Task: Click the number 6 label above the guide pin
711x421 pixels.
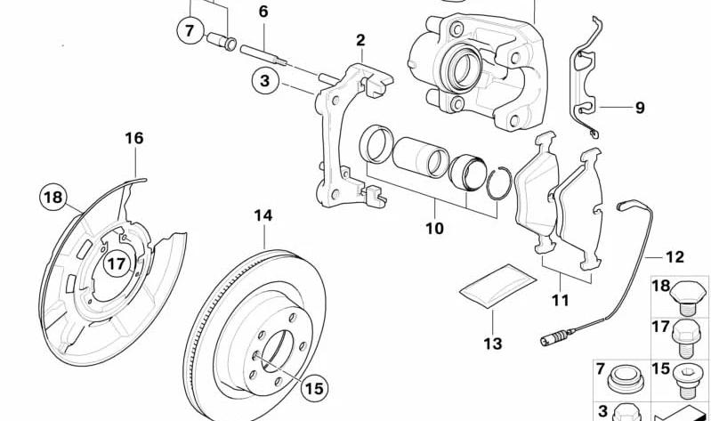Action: pyautogui.click(x=263, y=12)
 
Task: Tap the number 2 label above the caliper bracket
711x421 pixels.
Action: pyautogui.click(x=360, y=40)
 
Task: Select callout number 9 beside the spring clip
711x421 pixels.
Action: pyautogui.click(x=639, y=109)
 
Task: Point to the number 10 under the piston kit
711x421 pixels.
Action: pyautogui.click(x=433, y=229)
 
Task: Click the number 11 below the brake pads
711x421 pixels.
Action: pyautogui.click(x=559, y=300)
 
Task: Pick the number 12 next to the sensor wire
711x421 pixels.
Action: pyautogui.click(x=675, y=257)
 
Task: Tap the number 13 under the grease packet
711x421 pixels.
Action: pyautogui.click(x=493, y=343)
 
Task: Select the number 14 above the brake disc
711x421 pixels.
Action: pyautogui.click(x=263, y=215)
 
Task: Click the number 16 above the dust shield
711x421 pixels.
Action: pyautogui.click(x=133, y=138)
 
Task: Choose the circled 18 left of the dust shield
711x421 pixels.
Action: pyautogui.click(x=53, y=196)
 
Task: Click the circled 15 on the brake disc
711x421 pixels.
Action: pyautogui.click(x=312, y=387)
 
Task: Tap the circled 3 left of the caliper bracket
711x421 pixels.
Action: pyautogui.click(x=264, y=83)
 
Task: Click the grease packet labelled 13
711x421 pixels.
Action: pyautogui.click(x=497, y=285)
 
